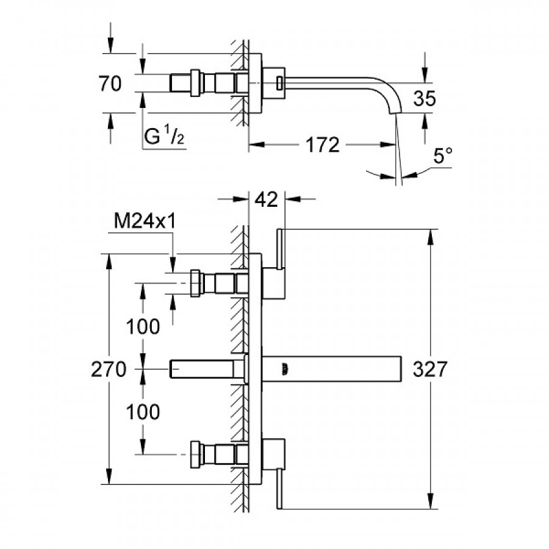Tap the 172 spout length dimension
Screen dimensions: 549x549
coord(322,145)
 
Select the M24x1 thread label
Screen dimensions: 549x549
coord(145,223)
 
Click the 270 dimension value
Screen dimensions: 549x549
coord(109,369)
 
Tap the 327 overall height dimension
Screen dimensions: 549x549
coord(430,369)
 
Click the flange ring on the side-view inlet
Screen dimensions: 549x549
coord(196,83)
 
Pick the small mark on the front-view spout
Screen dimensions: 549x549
coord(284,368)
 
